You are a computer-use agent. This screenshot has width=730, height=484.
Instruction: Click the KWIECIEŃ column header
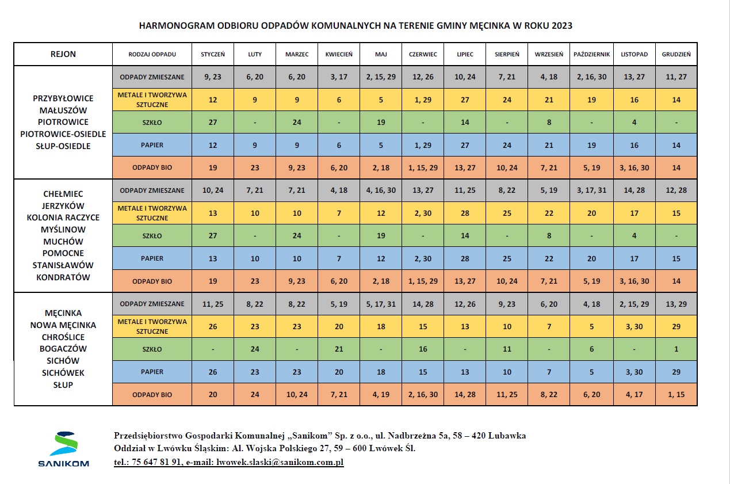point(339,55)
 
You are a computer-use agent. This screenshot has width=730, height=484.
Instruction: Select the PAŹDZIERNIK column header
point(591,55)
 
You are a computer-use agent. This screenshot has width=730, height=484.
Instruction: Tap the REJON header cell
point(63,55)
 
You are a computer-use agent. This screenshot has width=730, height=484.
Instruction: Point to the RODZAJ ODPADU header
point(152,55)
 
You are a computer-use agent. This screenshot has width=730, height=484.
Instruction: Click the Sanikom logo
point(63,449)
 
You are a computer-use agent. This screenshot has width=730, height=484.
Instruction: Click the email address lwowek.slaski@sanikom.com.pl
point(279,462)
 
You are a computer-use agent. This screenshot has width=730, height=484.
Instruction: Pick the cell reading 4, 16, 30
point(380,190)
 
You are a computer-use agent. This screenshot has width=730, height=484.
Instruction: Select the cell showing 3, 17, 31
point(591,190)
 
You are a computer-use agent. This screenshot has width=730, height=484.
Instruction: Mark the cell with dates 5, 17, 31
point(380,304)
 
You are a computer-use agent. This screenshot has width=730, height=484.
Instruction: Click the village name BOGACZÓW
point(63,349)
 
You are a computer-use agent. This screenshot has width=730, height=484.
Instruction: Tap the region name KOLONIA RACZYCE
point(63,218)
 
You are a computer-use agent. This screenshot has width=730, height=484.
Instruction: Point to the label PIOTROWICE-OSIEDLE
point(63,134)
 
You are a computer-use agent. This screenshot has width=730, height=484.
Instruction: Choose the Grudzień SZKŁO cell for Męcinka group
point(676,349)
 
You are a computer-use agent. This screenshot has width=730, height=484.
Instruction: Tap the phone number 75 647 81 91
point(156,462)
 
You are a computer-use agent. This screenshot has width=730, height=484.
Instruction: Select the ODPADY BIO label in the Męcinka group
point(152,395)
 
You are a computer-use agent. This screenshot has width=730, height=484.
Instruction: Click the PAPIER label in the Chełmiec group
point(152,259)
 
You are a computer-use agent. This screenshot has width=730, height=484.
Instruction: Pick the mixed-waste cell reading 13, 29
point(676,304)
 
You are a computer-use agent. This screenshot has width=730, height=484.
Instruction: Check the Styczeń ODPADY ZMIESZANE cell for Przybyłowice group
point(213,77)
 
